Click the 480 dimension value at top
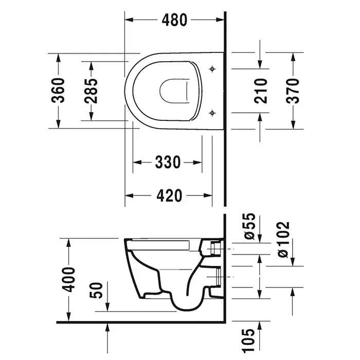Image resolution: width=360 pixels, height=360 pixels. click(174, 20)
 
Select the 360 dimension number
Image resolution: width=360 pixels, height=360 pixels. click(58, 90)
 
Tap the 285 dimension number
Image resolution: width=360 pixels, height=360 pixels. click(91, 91)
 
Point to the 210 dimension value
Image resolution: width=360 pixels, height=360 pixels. click(261, 91)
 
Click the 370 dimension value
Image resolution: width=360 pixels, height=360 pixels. click(293, 91)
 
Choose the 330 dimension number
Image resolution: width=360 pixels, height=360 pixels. click(168, 162)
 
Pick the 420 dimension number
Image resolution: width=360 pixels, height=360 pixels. click(169, 196)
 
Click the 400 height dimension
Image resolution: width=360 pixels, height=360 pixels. click(69, 279)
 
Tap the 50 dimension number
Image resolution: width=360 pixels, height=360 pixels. click(96, 291)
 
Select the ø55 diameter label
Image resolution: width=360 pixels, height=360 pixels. click(249, 226)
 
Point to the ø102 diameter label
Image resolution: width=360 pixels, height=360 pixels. click(283, 240)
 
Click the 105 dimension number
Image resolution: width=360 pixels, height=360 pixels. click(249, 340)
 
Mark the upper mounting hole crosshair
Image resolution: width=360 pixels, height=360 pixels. click(212, 69)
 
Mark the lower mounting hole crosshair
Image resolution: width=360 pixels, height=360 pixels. click(212, 113)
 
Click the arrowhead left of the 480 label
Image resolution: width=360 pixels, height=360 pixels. click(129, 20)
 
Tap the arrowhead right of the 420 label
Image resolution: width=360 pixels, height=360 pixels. click(208, 196)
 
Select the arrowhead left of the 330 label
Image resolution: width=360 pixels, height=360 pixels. click(137, 163)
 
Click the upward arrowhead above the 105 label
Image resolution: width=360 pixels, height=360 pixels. click(260, 326)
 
